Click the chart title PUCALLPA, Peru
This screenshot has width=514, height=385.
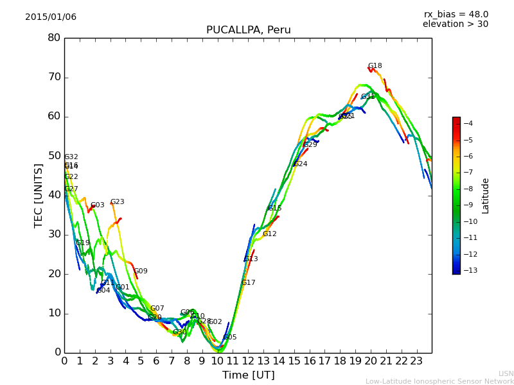click(248, 30)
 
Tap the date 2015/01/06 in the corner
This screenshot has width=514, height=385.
click(51, 17)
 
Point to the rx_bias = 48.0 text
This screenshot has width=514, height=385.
click(456, 15)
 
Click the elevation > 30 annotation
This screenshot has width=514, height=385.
click(456, 24)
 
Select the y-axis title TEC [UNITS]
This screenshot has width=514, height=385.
click(39, 195)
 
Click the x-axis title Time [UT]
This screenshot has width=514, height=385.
click(248, 375)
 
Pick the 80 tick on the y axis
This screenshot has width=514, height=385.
click(54, 38)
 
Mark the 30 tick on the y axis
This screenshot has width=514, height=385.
click(54, 234)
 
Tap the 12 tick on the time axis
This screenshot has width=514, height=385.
click(248, 361)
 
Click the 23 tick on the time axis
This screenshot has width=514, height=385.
click(416, 361)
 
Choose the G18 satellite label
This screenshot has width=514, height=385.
click(375, 66)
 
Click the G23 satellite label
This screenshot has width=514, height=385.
click(117, 202)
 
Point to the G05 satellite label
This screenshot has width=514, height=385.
click(230, 338)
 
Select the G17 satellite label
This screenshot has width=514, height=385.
click(248, 283)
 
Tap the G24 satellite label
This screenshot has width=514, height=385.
click(300, 164)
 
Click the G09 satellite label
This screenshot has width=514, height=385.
click(141, 271)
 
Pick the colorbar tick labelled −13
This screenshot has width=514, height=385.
click(468, 271)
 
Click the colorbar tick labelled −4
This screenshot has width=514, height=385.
click(468, 123)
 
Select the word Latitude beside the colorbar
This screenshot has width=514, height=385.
click(486, 196)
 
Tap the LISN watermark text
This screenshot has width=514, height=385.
click(506, 373)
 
